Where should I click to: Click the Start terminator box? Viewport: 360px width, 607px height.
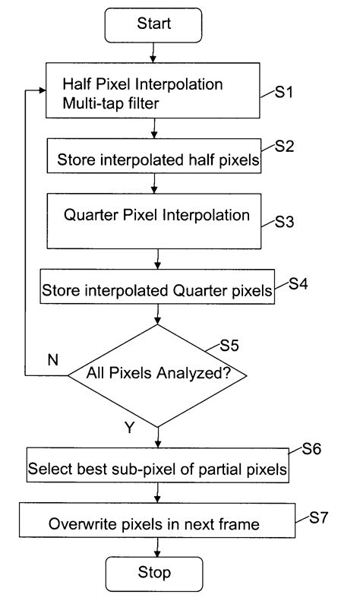pos(154,25)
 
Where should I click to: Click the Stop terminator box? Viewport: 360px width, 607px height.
pos(155,571)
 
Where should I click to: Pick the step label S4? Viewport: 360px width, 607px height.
pos(298,283)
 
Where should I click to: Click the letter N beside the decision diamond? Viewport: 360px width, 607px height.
pos(52,359)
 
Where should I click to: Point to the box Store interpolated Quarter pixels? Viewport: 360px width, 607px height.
pos(156,290)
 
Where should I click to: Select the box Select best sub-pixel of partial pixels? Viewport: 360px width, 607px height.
pos(158,468)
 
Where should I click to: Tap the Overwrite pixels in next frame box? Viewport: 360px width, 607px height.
pos(156,523)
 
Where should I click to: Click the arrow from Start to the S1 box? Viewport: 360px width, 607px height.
pos(155,52)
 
